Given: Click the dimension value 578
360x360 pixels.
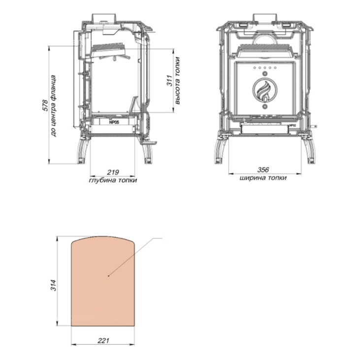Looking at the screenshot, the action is [46, 105].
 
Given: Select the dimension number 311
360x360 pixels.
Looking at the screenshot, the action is [169, 81].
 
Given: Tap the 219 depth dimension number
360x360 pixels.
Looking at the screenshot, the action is [113, 172].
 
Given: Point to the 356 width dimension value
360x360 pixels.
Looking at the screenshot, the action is [263, 170].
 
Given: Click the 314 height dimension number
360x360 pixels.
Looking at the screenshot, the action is [53, 285].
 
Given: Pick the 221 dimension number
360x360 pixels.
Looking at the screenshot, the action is [103, 341].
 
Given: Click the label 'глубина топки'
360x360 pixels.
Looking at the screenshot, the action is [113, 180].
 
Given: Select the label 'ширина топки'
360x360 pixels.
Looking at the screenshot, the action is [263, 178].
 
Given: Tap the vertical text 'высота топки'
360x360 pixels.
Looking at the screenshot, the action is [177, 81].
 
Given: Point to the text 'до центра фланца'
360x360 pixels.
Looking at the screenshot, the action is [53, 106].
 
